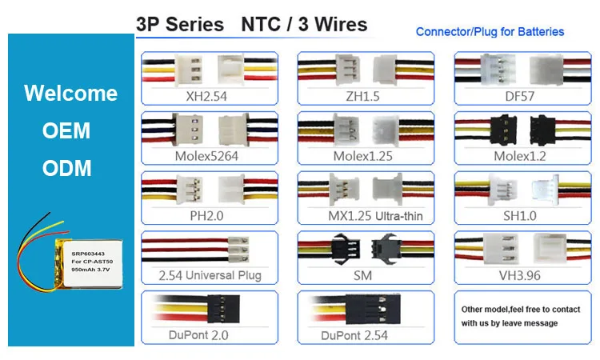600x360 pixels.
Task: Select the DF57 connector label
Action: [x=519, y=96]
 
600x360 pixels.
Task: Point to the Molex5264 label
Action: [x=206, y=156]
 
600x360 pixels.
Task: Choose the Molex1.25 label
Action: [x=363, y=156]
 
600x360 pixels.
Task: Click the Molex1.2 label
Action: [x=519, y=156]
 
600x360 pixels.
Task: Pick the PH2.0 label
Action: [x=206, y=216]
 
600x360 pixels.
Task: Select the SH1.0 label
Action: [x=519, y=216]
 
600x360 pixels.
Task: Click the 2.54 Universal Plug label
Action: [x=210, y=276]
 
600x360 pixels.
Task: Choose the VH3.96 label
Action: [x=519, y=276]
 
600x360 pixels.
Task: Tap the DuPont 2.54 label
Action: [x=354, y=335]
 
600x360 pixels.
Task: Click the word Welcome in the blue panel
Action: [x=70, y=93]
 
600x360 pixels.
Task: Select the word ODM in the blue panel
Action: [x=67, y=168]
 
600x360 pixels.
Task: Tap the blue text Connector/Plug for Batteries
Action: [x=490, y=32]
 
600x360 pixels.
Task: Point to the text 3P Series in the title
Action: [x=180, y=24]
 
